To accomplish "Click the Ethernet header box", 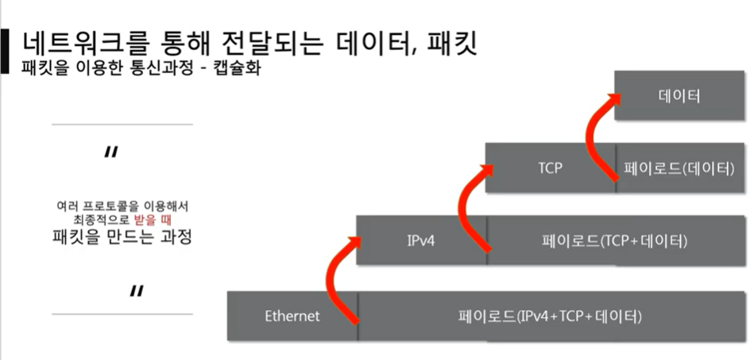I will pyautogui.click(x=292, y=316).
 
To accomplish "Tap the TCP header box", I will pyautogui.click(x=550, y=168).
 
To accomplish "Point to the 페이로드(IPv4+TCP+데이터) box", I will pyautogui.click(x=549, y=316).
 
